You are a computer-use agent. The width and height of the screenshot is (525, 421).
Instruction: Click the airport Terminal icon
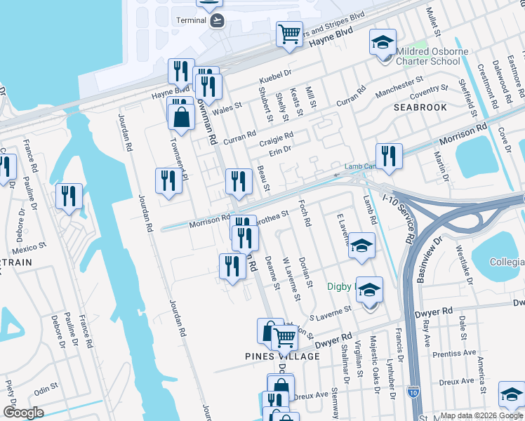tap(218, 20)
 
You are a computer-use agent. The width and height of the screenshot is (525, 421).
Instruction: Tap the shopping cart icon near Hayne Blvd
tap(289, 34)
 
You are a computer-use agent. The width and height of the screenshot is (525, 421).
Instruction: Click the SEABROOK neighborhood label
tap(420, 107)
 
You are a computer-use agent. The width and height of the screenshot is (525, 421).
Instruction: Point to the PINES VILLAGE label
tap(283, 356)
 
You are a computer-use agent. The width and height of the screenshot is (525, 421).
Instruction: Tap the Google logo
tap(22, 413)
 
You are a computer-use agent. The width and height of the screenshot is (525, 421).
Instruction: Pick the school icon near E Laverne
tap(361, 246)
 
